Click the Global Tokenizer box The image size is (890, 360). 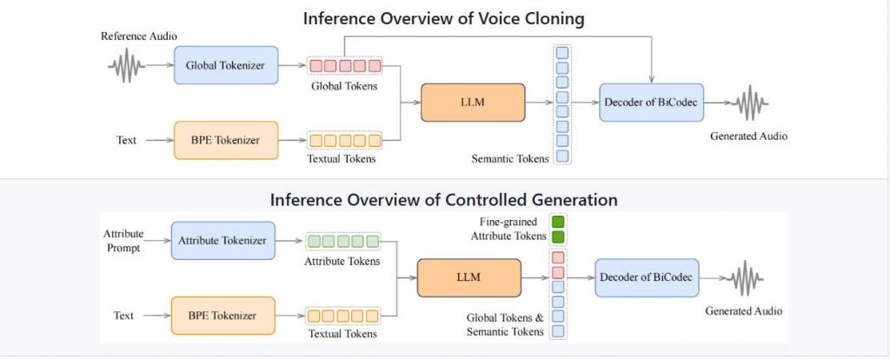click(226, 65)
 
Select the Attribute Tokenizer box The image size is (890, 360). click(222, 240)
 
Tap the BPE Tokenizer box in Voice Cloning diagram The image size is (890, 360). click(226, 140)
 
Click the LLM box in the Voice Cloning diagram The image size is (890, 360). click(473, 103)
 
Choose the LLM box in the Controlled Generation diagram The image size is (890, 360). click(470, 277)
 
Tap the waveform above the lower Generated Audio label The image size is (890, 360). click(744, 279)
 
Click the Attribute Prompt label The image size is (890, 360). click(123, 241)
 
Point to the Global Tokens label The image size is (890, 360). click(345, 86)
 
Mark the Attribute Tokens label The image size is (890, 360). click(343, 261)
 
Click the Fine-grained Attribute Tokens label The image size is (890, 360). click(510, 229)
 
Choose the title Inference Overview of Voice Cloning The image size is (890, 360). click(444, 18)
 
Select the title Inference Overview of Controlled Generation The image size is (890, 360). click(443, 199)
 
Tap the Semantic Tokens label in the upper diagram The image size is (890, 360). click(511, 158)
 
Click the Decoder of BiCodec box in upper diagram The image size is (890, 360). click(651, 103)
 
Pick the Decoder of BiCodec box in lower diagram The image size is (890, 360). click(648, 278)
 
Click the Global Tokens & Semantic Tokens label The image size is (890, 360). click(504, 324)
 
